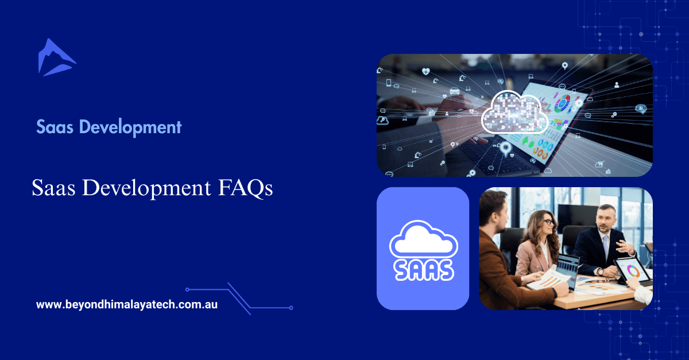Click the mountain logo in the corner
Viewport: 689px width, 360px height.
(x=56, y=57)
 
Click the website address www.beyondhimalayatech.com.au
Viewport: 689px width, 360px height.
(x=126, y=305)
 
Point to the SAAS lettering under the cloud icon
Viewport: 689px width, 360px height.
(x=422, y=268)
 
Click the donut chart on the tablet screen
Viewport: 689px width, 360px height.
(x=634, y=270)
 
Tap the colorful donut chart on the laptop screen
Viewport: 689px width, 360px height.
(x=562, y=103)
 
